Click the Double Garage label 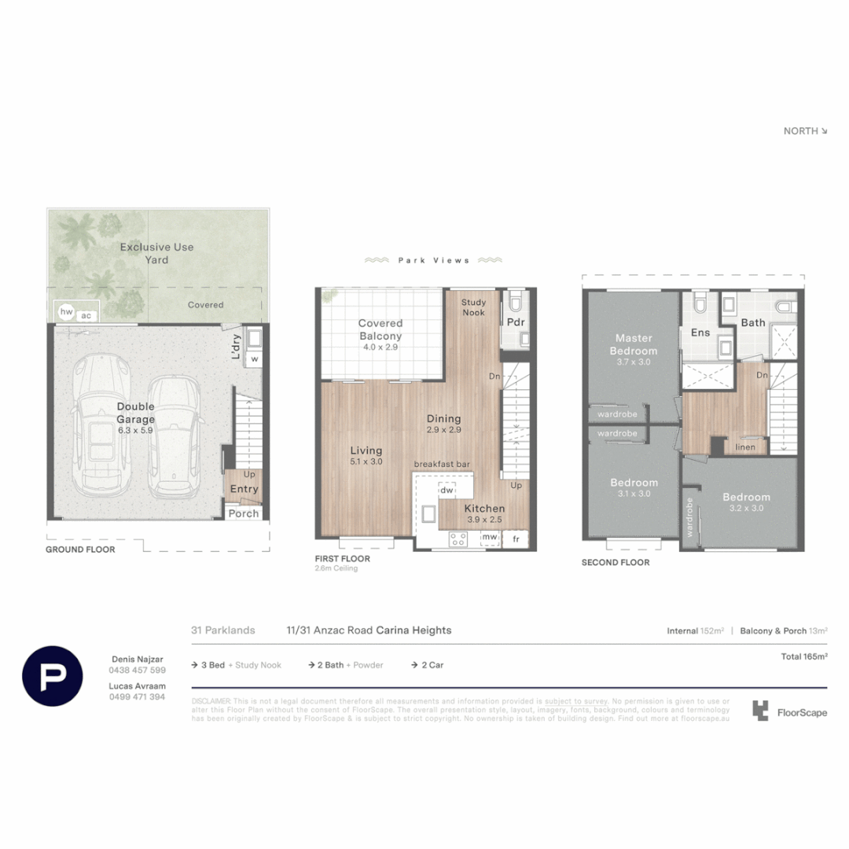(x=136, y=413)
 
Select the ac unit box (x=86, y=315)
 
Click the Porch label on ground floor (x=244, y=513)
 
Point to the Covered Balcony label (x=380, y=329)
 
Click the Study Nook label (x=473, y=307)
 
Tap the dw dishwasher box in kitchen (x=447, y=491)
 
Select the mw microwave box (x=490, y=538)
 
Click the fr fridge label (x=516, y=538)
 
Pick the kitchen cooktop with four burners (x=458, y=538)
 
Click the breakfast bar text (x=442, y=465)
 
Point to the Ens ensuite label (x=700, y=333)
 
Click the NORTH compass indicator (x=805, y=131)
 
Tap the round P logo (x=53, y=675)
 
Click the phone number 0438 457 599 (x=137, y=670)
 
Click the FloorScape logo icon (x=759, y=711)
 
